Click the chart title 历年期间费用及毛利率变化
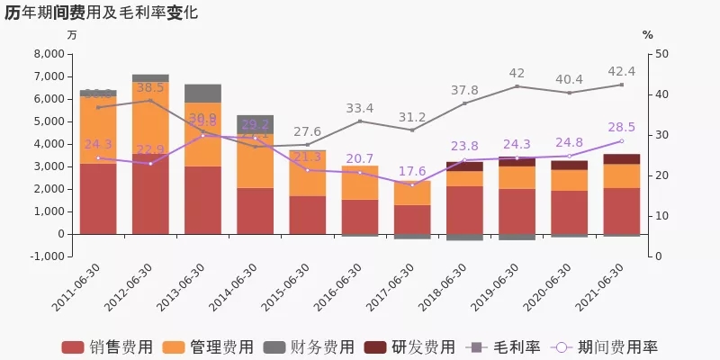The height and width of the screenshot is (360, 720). (x=102, y=13)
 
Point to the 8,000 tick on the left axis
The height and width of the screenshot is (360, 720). (x=47, y=54)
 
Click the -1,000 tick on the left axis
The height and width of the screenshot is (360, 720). (x=45, y=256)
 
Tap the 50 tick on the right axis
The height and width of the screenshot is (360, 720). (x=661, y=54)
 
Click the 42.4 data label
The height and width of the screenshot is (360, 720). (x=621, y=71)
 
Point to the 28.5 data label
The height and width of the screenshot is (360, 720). (x=621, y=127)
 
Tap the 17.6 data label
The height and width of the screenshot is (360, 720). (x=412, y=171)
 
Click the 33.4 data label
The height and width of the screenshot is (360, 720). (x=360, y=108)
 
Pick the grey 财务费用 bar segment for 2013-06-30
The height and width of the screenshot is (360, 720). (x=202, y=93)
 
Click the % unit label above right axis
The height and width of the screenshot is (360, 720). (x=648, y=34)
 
